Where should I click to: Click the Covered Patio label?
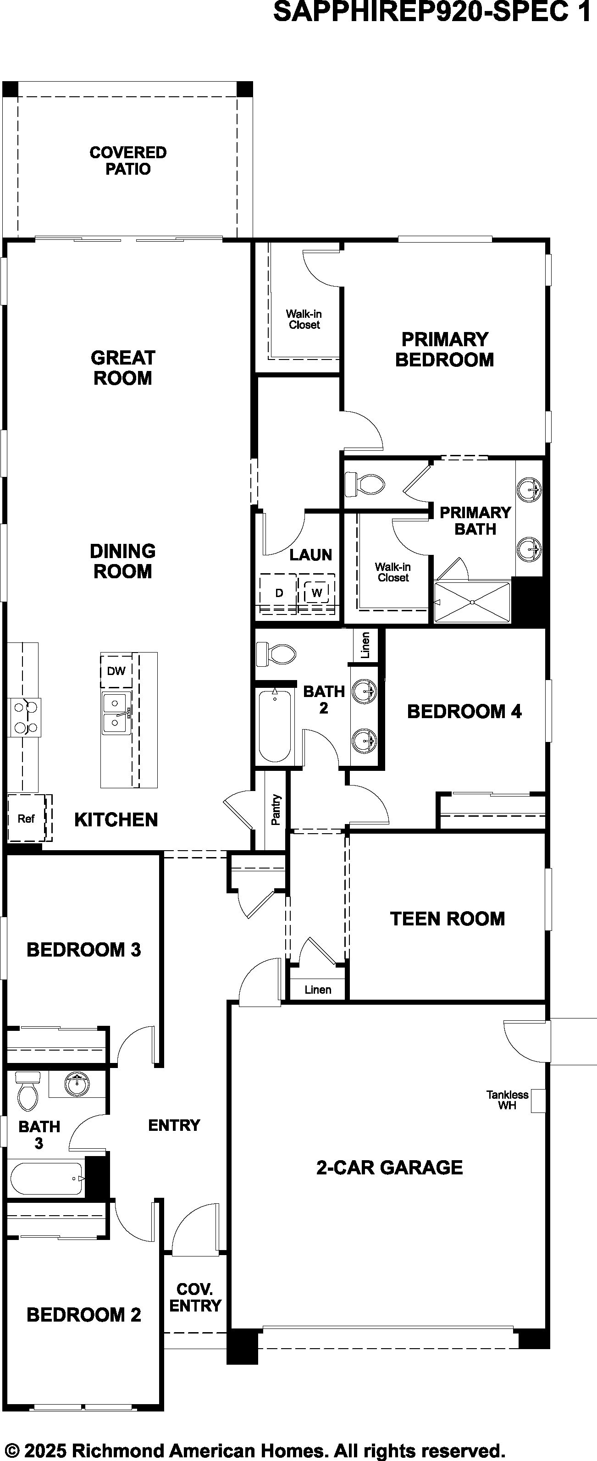(x=128, y=160)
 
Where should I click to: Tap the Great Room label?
(x=122, y=367)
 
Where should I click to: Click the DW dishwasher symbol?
(x=116, y=671)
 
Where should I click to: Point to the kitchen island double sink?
(x=116, y=713)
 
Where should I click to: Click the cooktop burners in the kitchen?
(x=25, y=717)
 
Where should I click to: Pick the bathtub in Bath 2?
(x=275, y=725)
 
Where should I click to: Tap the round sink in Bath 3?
(x=77, y=1084)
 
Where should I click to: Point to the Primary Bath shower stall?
(x=472, y=602)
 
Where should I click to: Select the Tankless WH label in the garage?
(x=508, y=1100)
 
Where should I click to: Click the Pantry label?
(x=276, y=809)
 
